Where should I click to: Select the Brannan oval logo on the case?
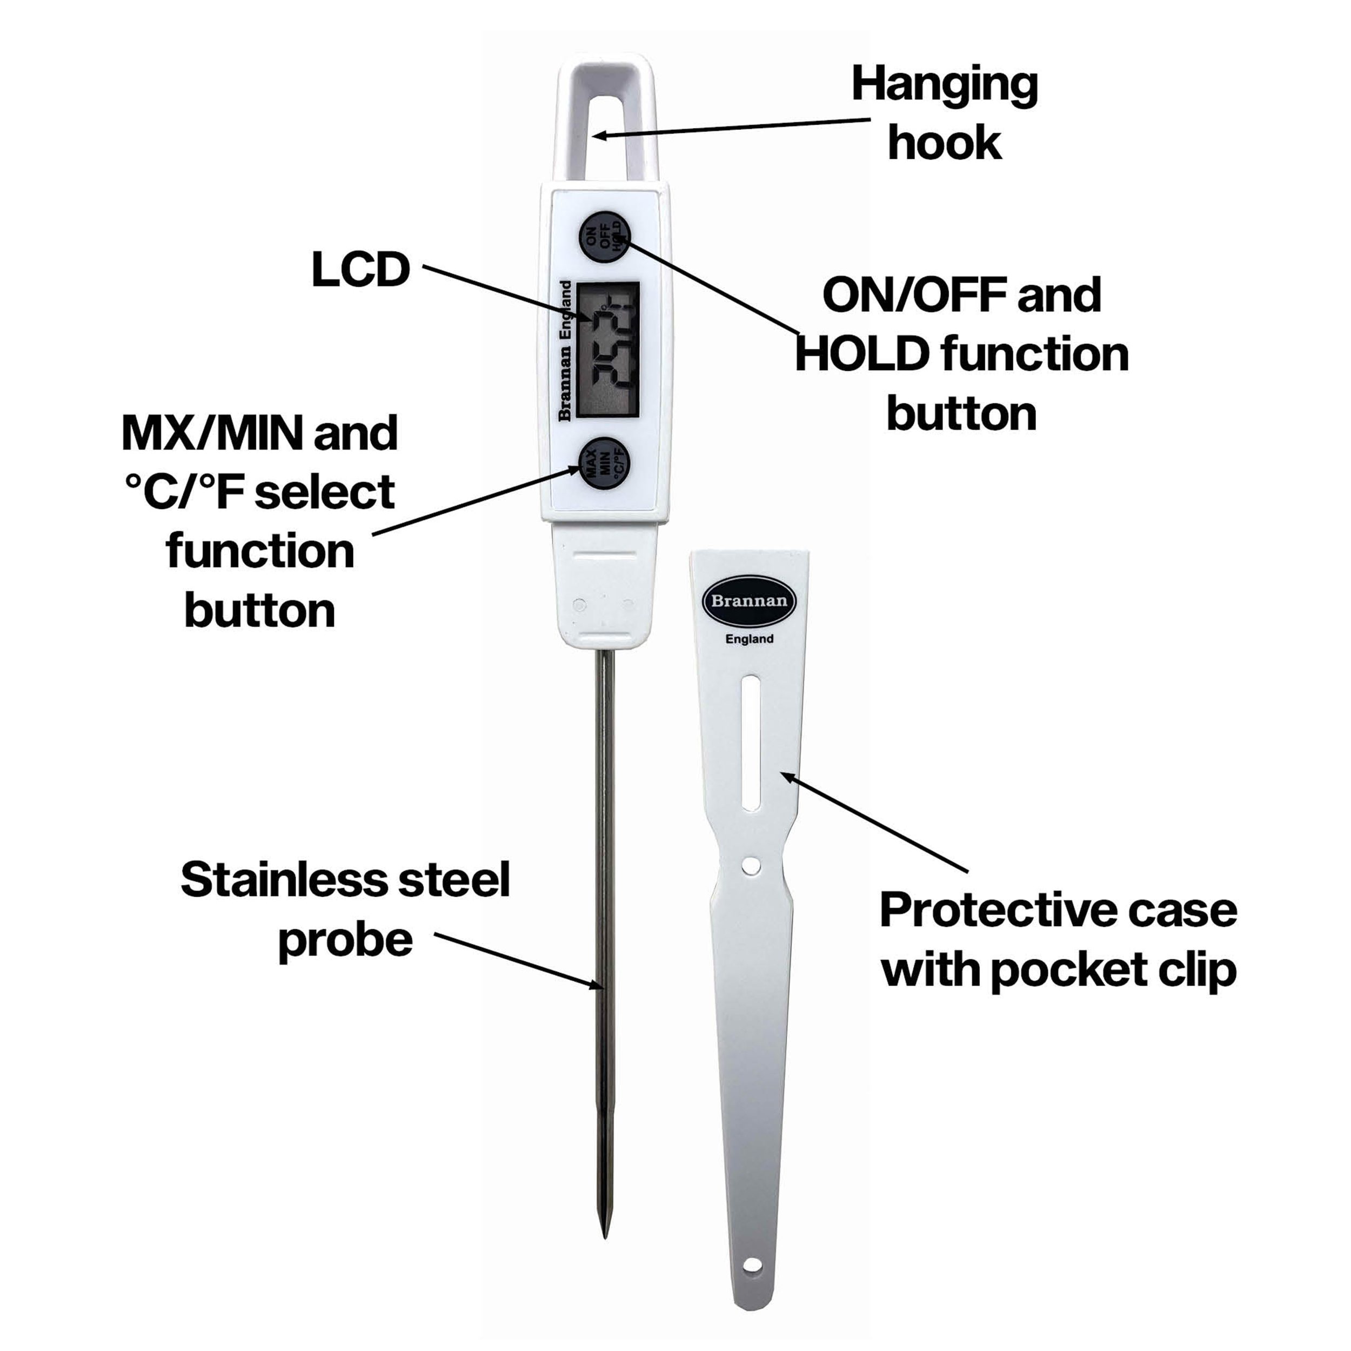(749, 601)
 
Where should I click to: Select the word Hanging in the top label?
(944, 86)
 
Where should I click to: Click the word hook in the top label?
(944, 143)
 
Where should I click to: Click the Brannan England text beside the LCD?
(565, 350)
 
